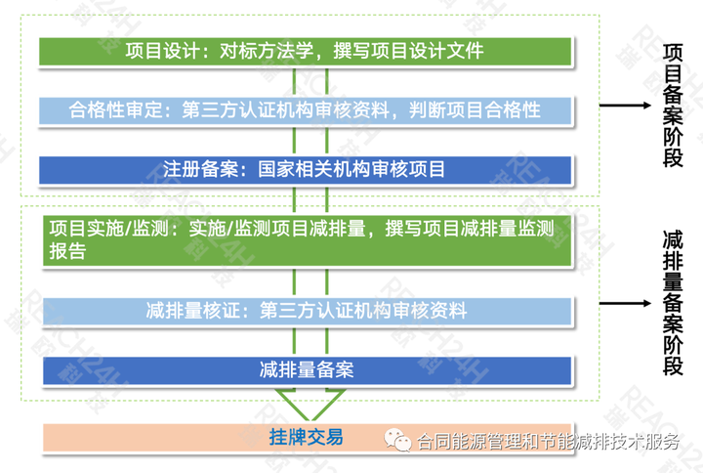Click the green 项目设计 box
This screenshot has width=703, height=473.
click(x=305, y=50)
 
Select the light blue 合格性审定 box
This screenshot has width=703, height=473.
click(x=305, y=109)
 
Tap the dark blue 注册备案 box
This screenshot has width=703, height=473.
click(x=305, y=168)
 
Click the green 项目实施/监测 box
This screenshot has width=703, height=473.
click(x=305, y=239)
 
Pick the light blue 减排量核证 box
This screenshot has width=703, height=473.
click(x=305, y=312)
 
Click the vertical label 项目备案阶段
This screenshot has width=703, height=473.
click(x=673, y=105)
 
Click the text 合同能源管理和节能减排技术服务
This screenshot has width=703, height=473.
click(x=547, y=442)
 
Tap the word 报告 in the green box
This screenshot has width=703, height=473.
click(x=66, y=251)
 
